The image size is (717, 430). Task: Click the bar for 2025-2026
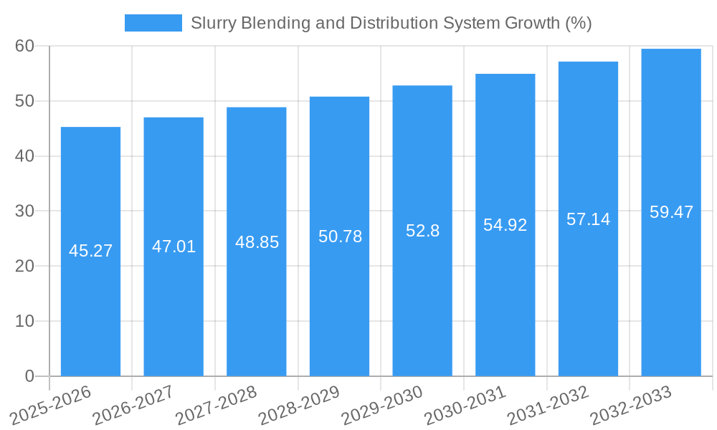[x=90, y=301]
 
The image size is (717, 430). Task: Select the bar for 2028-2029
[x=339, y=301]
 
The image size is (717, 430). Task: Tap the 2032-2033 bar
[x=671, y=301]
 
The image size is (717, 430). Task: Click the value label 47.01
[x=174, y=247]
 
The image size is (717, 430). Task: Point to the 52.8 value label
[x=422, y=231]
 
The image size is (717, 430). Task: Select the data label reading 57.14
[x=588, y=219]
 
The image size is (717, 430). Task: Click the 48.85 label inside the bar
[x=257, y=242]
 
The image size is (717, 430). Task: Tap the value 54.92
[x=505, y=225]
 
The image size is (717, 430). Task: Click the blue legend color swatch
[x=153, y=23]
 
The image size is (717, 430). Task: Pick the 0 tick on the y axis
[x=29, y=376]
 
